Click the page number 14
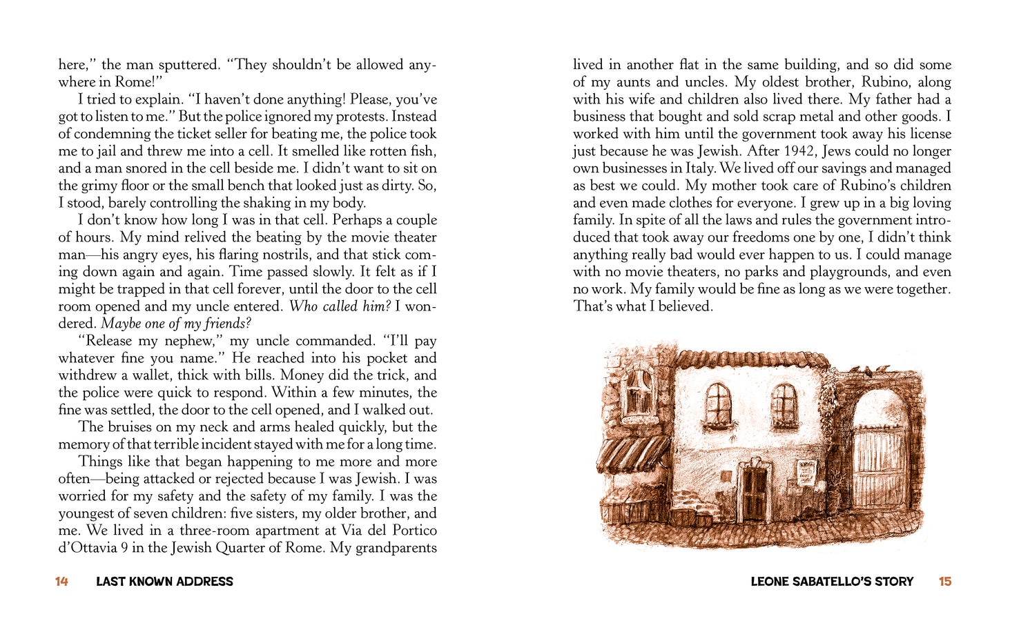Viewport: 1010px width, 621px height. click(61, 582)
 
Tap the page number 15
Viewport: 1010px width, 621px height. click(945, 582)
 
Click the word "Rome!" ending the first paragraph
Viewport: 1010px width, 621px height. click(141, 82)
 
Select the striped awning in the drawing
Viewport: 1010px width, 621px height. click(632, 453)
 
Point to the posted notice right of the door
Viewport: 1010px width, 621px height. click(806, 473)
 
